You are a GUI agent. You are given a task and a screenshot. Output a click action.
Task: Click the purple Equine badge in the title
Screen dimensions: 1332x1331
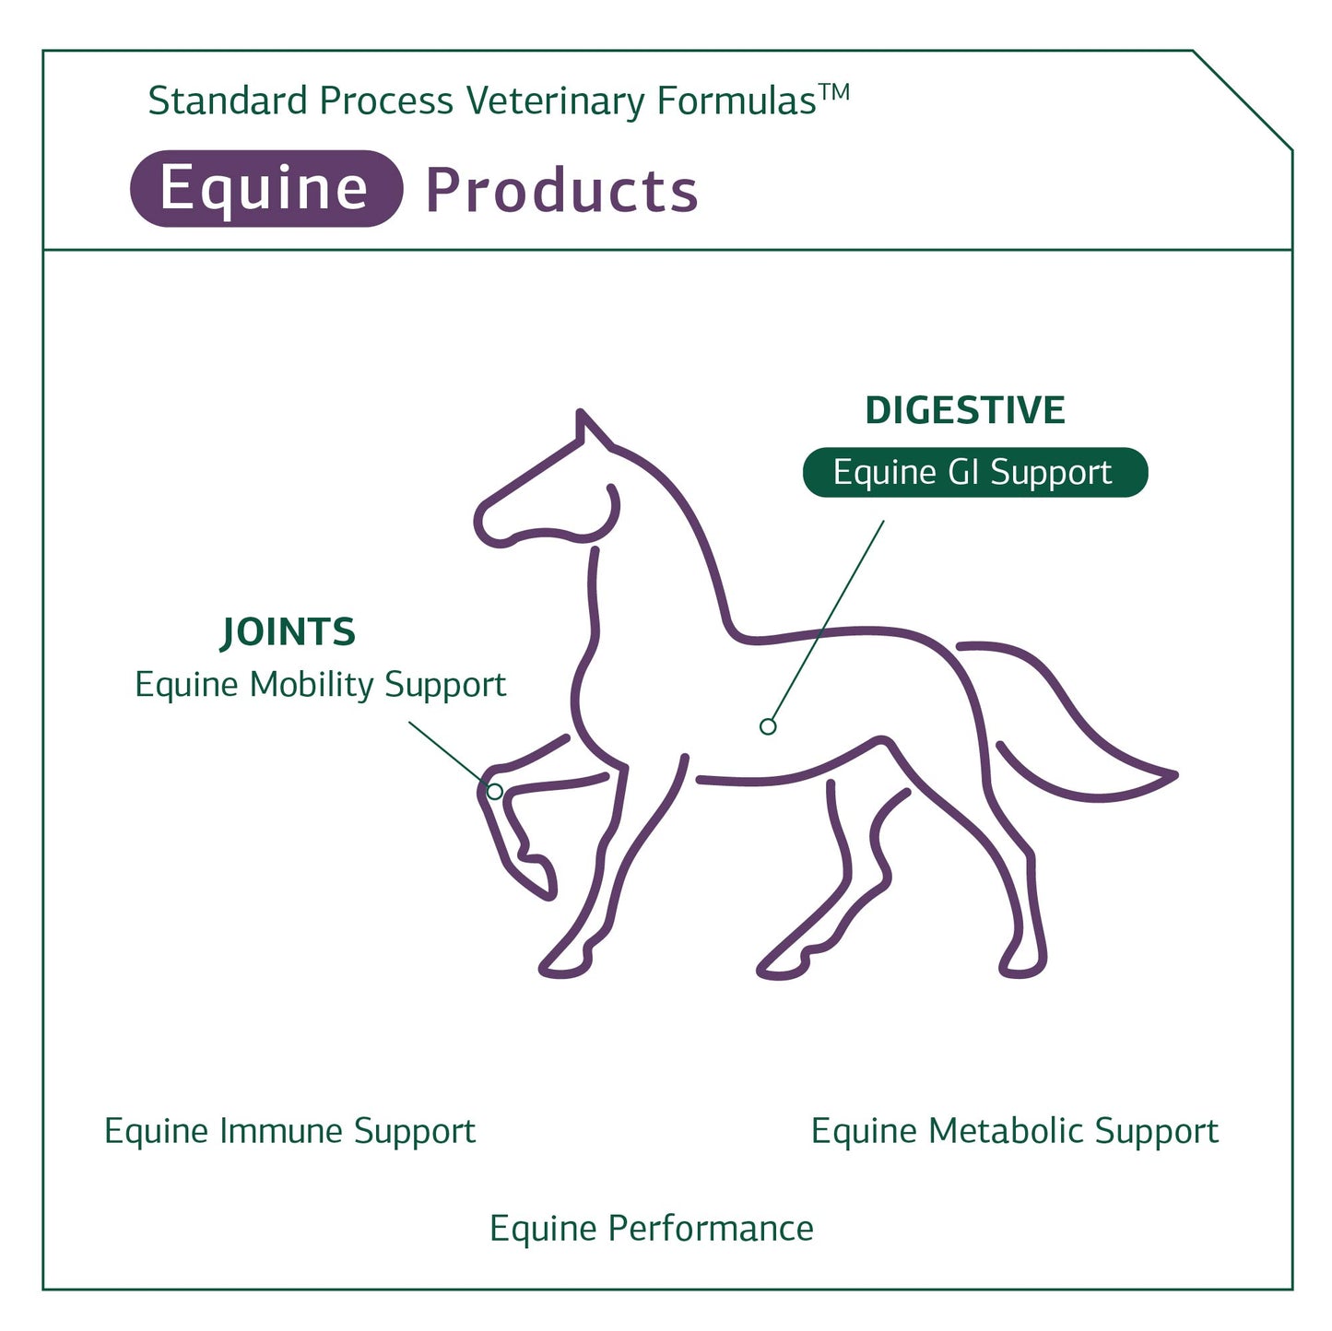click(x=266, y=189)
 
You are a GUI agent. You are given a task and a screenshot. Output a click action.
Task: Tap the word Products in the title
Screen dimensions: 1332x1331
click(x=561, y=190)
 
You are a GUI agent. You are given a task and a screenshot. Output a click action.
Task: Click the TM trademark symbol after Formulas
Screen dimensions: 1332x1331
click(x=834, y=92)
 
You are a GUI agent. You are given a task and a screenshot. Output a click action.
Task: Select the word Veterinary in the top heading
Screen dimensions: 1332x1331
click(x=556, y=101)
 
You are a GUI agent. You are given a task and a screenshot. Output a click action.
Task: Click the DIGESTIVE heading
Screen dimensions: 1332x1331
click(x=965, y=410)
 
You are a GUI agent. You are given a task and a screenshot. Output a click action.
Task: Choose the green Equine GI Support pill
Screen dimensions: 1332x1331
click(x=975, y=472)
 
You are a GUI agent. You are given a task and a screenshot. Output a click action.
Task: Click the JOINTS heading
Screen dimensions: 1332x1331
click(x=288, y=632)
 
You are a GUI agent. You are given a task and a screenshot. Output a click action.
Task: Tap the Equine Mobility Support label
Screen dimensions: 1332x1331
click(x=321, y=685)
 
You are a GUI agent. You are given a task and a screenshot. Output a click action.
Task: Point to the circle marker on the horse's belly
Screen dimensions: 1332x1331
click(x=768, y=726)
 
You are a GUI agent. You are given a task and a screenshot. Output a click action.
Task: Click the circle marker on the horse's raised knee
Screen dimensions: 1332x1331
click(x=495, y=792)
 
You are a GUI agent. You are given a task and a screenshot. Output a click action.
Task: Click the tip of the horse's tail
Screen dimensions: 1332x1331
click(x=1174, y=775)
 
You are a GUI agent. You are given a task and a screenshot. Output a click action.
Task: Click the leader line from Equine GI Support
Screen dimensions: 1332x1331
click(x=828, y=621)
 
